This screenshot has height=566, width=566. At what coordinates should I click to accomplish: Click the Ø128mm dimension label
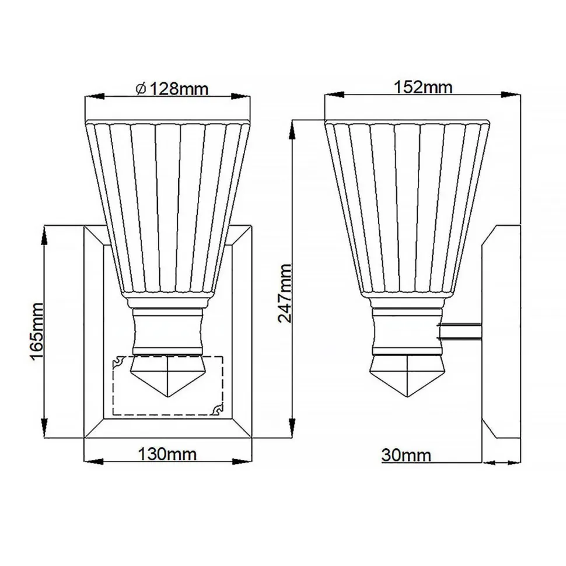pos(172,89)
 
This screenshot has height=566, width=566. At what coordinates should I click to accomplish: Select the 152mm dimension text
pos(423,88)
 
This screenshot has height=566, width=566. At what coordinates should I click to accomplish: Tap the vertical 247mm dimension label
pos(284,293)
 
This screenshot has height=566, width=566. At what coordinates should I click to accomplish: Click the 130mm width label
pos(167,454)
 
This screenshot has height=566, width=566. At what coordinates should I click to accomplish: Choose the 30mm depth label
pos(407,455)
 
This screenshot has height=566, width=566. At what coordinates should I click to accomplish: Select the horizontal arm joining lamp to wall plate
pos(461,331)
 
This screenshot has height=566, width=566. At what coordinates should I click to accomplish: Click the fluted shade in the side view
pos(407,204)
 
